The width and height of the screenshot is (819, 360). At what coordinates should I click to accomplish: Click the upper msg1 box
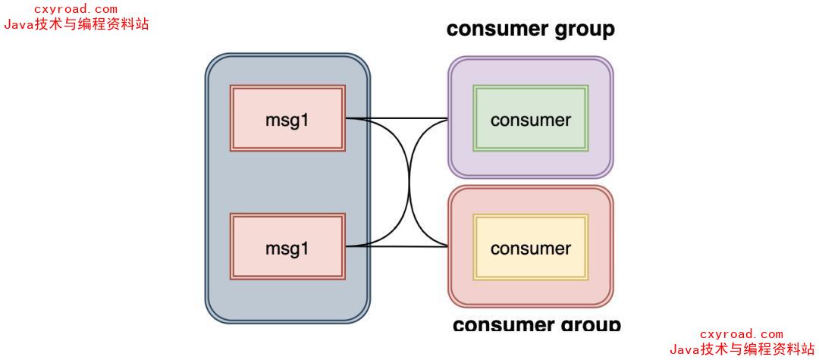coord(287,119)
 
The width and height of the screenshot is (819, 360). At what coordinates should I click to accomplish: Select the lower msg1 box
coord(287,247)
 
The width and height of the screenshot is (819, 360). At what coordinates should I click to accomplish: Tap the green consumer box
coord(530,119)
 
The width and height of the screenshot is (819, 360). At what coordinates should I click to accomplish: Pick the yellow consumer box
coord(530,248)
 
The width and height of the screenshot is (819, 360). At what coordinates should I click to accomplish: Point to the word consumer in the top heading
coord(496,30)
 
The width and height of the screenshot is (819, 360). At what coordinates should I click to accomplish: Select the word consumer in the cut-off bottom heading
coord(502,325)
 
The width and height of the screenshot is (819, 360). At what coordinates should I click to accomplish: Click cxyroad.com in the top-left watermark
coord(76,9)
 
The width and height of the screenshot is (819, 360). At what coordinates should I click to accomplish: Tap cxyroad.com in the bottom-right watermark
coord(741,334)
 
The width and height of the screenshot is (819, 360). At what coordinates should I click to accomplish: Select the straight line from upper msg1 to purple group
coord(394,118)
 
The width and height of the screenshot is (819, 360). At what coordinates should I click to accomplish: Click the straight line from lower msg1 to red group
coord(394,246)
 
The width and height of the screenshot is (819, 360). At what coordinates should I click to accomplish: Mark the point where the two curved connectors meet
coord(409,183)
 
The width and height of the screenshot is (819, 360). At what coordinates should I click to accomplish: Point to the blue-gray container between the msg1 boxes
coord(287,182)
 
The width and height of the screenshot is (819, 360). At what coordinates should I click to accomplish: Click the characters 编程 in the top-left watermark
coord(92,24)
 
